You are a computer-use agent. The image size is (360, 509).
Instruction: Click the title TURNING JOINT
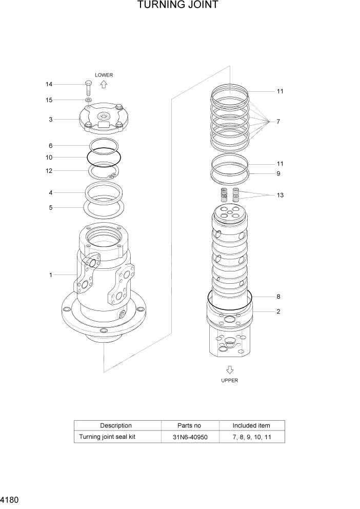click(x=178, y=6)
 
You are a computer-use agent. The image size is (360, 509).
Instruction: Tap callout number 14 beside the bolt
click(x=49, y=84)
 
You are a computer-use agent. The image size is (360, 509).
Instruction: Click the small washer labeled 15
click(x=88, y=100)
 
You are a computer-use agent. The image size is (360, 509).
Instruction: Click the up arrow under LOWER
click(x=104, y=84)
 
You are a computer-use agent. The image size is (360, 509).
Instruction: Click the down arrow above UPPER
click(x=230, y=369)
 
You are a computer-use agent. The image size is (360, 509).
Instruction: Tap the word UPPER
click(x=230, y=381)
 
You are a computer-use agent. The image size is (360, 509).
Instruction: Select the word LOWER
click(x=104, y=75)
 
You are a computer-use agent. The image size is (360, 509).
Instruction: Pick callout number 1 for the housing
click(x=51, y=275)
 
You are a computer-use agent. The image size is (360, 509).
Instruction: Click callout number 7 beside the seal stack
click(x=278, y=122)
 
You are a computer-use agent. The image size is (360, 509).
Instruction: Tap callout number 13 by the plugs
click(x=280, y=195)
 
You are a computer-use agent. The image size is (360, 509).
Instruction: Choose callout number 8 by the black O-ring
click(x=278, y=297)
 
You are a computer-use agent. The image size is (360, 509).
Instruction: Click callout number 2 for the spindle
click(x=278, y=311)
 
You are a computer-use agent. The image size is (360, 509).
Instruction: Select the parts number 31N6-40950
click(x=189, y=437)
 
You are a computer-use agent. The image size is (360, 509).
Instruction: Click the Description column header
click(x=116, y=425)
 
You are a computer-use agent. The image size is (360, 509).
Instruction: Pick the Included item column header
click(x=251, y=425)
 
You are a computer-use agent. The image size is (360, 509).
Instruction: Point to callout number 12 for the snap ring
click(x=49, y=171)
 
